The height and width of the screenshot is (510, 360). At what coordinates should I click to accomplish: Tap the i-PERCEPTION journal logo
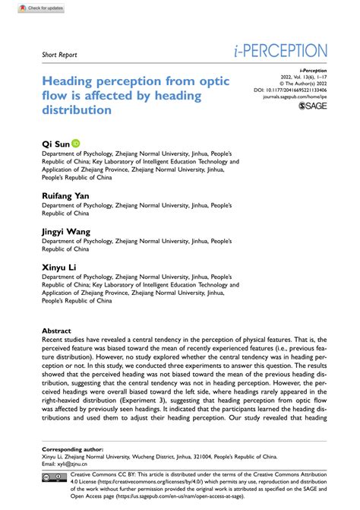pyautogui.click(x=281, y=52)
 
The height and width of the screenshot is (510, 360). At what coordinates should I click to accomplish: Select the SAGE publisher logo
pyautogui.click(x=313, y=106)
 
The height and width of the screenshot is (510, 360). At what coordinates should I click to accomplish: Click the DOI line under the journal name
pyautogui.click(x=295, y=89)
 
